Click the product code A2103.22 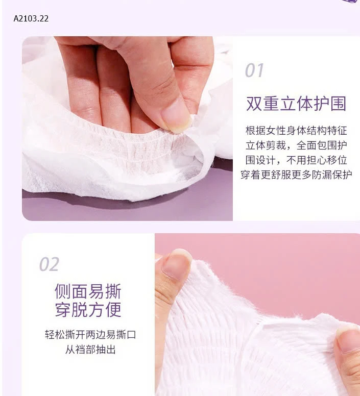31,18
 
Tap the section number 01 254,70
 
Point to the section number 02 49,264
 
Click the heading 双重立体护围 296,104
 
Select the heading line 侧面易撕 88,291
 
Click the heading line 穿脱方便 88,309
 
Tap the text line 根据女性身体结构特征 296,131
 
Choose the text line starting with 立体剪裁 296,145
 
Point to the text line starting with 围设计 296,160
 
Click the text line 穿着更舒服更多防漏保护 296,175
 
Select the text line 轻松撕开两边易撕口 90,335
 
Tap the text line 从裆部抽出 90,350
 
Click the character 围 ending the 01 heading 338,104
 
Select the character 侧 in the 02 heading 63,291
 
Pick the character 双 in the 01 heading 254,104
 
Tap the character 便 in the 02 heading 113,309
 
